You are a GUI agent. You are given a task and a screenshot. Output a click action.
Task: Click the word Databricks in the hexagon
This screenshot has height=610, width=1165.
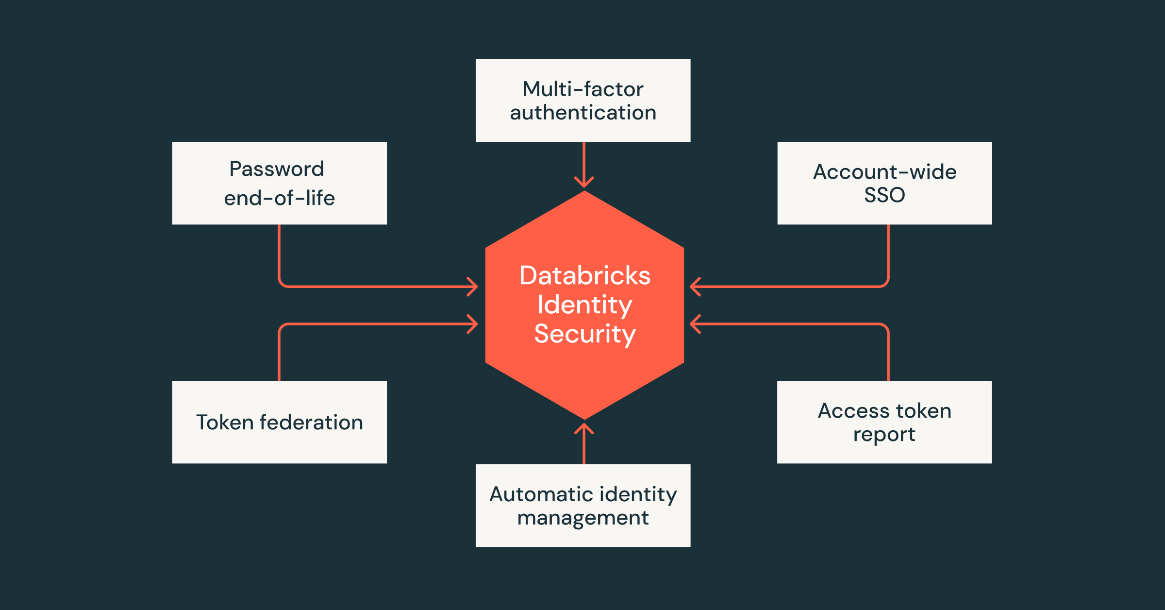pos(584,276)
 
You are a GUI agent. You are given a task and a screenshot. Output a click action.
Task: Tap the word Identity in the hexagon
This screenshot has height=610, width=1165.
pos(584,305)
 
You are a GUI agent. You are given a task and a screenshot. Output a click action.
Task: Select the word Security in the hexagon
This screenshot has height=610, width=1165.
pos(584,334)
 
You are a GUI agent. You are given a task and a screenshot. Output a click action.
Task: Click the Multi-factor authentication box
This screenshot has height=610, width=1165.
pos(583,101)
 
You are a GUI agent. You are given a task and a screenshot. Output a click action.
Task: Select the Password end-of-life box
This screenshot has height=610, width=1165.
pos(279,183)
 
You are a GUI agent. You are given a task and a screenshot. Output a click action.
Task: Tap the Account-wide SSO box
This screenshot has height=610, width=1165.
pos(884,183)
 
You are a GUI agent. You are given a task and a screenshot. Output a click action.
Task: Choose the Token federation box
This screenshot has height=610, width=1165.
pos(279,422)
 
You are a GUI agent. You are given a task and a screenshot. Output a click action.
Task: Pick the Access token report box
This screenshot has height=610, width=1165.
pos(884,422)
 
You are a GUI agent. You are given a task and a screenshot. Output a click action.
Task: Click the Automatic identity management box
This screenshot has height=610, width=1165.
pos(583,506)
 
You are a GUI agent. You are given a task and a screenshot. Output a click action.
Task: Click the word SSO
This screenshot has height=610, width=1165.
pos(884,195)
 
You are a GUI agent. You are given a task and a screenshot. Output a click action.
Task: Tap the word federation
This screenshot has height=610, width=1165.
pos(311,423)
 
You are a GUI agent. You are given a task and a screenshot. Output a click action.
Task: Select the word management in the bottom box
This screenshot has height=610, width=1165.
pos(583,518)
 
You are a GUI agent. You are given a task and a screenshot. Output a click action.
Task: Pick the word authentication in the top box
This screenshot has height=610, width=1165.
pos(583,113)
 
